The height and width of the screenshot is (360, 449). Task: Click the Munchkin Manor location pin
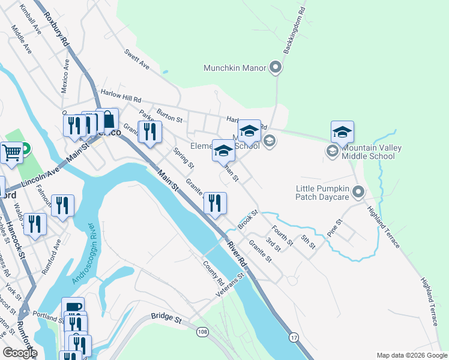point(276,68)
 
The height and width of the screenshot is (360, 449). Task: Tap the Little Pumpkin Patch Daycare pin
point(358,193)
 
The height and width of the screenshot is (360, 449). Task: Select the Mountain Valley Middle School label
point(369,152)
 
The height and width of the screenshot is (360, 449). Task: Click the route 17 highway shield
point(293,338)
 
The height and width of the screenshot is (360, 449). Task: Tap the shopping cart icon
point(12,152)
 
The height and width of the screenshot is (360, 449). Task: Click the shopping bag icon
point(107,120)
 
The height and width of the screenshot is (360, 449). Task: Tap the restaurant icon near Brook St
point(215,203)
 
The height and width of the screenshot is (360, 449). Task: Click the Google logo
point(20,353)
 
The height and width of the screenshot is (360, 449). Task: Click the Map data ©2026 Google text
point(411,355)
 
